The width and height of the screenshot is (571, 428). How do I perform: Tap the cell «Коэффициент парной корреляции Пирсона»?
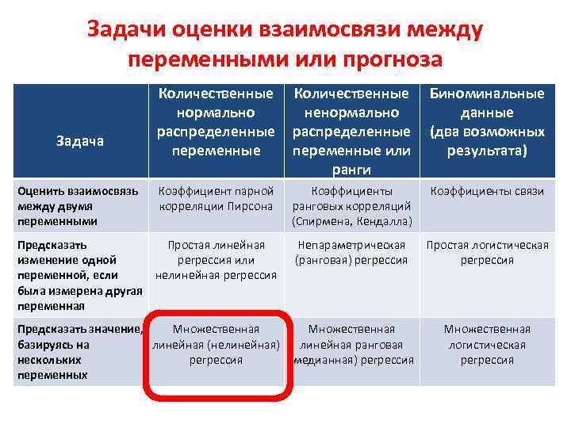tap(217, 198)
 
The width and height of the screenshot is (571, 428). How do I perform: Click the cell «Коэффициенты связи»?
tap(487, 191)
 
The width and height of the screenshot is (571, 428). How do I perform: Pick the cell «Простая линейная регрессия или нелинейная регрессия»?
tap(216, 260)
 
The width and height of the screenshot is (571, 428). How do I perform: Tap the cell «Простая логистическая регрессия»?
tap(487, 253)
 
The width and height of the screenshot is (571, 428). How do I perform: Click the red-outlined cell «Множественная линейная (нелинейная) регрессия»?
tap(217, 344)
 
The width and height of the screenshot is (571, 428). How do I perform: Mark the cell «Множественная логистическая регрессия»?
tap(487, 344)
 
